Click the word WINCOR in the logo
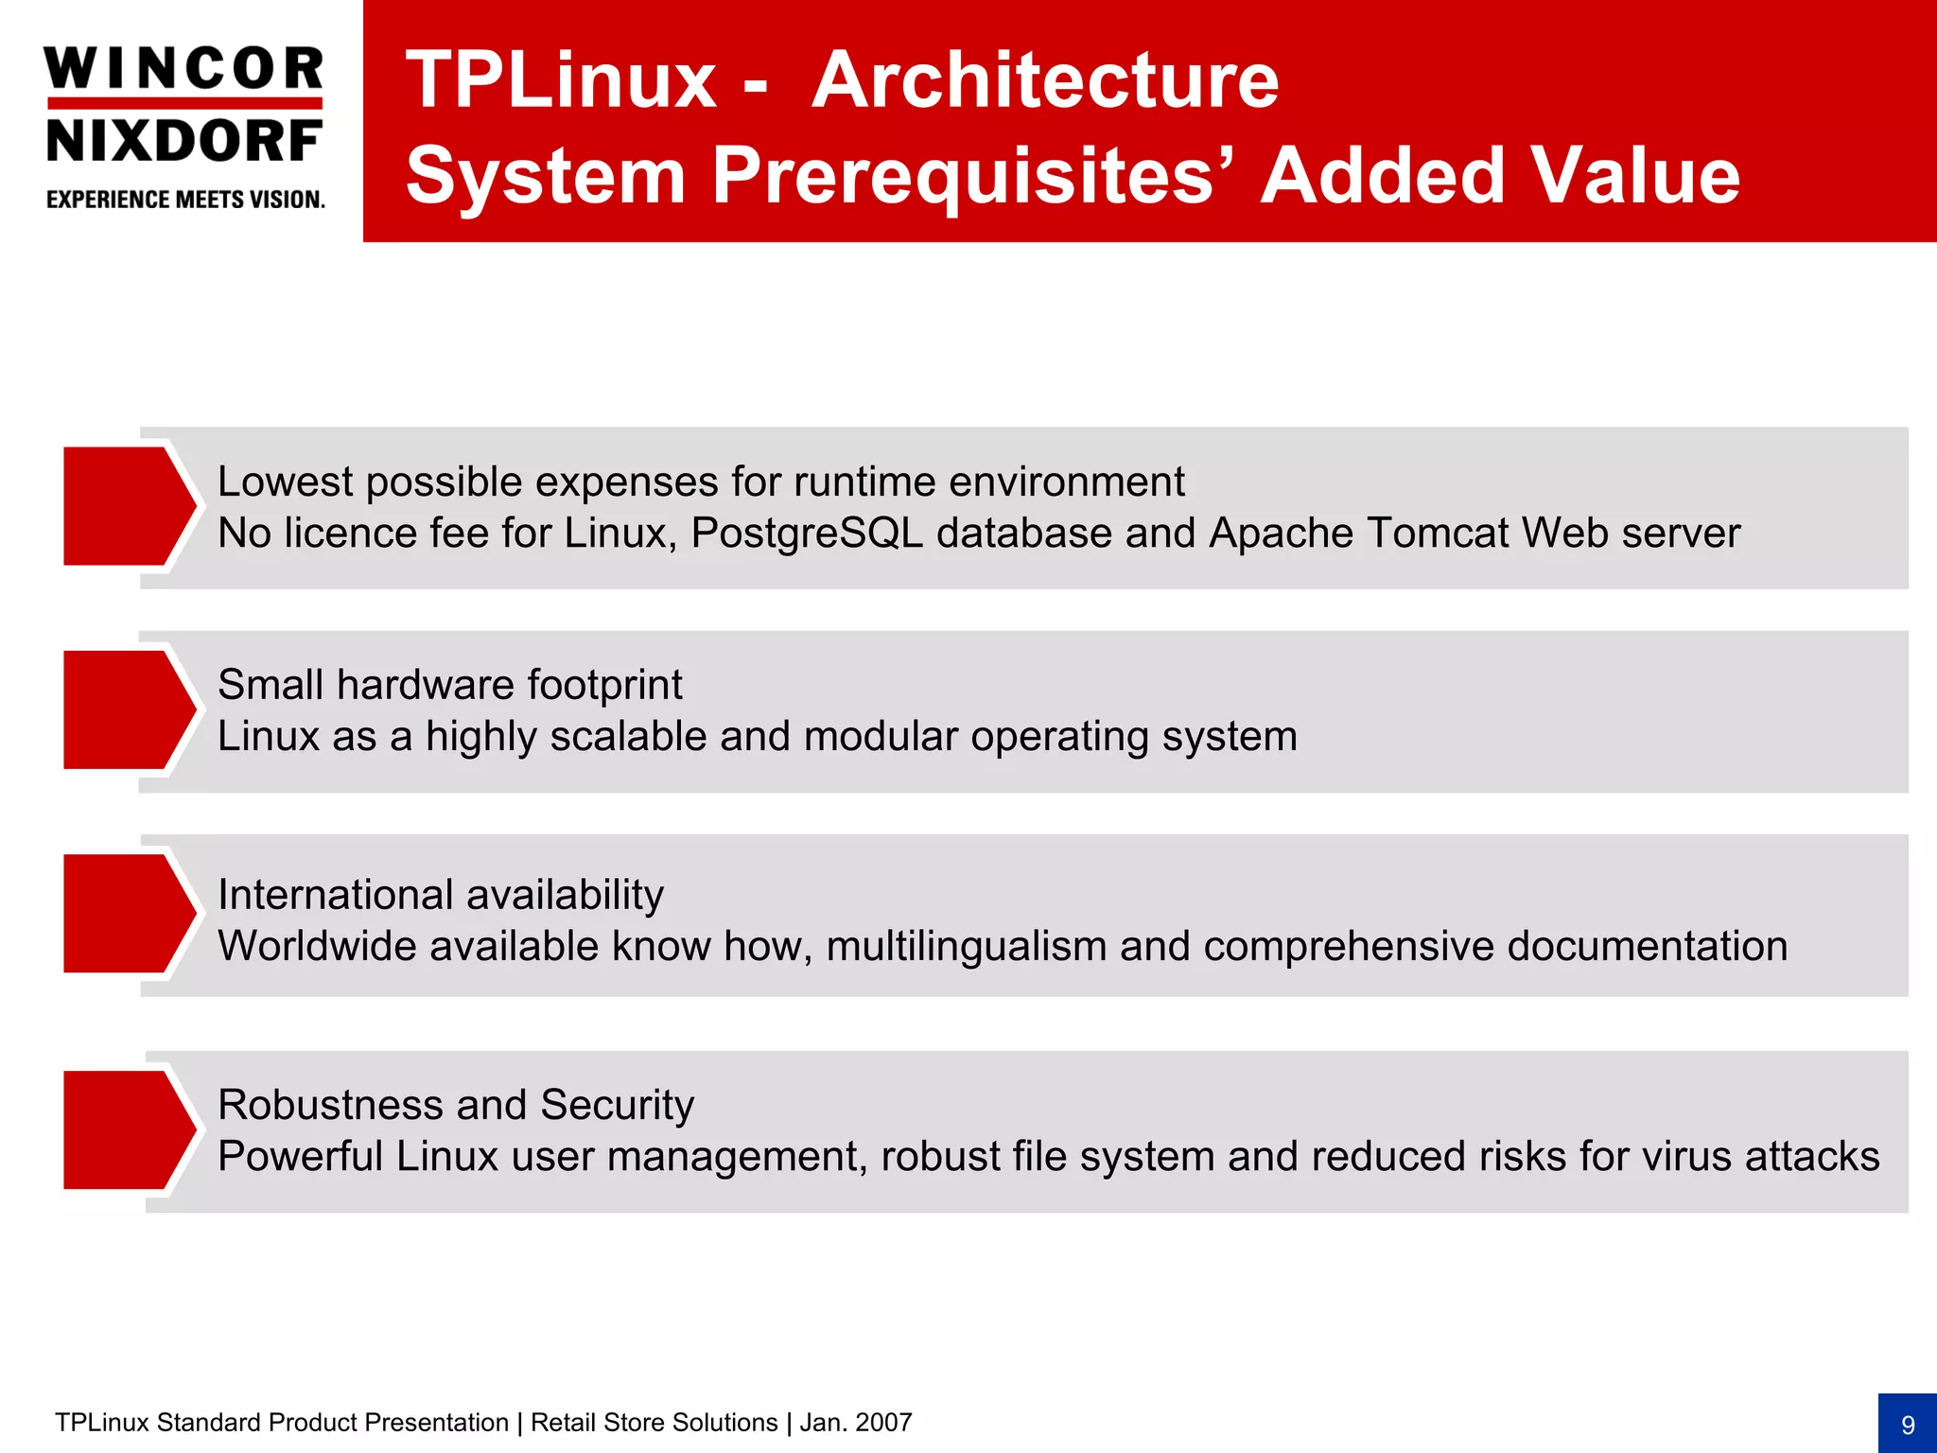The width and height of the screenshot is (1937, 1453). [183, 69]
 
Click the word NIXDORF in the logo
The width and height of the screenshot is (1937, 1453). [183, 141]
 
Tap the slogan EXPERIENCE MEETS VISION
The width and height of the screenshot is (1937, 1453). [185, 200]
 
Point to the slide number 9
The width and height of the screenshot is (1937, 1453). [1907, 1425]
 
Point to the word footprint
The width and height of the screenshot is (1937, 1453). [604, 686]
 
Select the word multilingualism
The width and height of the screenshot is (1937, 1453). [966, 947]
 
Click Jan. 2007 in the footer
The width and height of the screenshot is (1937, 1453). [856, 1423]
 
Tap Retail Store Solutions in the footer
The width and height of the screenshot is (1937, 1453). [654, 1423]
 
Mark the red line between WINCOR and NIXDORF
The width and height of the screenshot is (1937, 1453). [184, 103]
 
